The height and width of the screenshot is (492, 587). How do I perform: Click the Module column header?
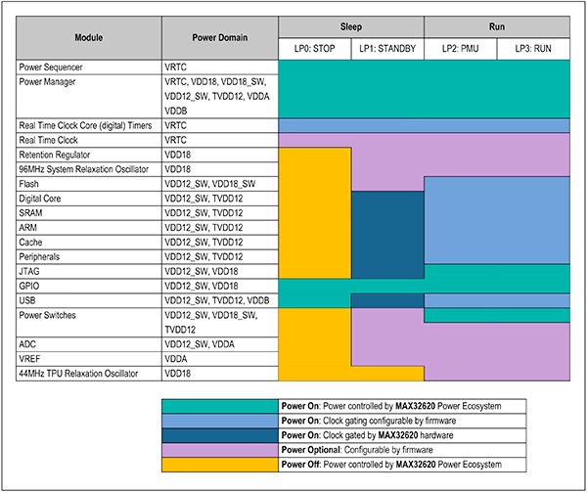point(89,38)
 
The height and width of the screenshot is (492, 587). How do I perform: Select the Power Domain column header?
point(220,38)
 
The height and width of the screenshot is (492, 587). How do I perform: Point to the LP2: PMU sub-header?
point(460,49)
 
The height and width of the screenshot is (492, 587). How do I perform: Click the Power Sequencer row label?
point(53,67)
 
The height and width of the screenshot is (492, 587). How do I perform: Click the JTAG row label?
point(31,271)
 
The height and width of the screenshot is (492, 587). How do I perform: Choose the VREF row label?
point(32,358)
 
